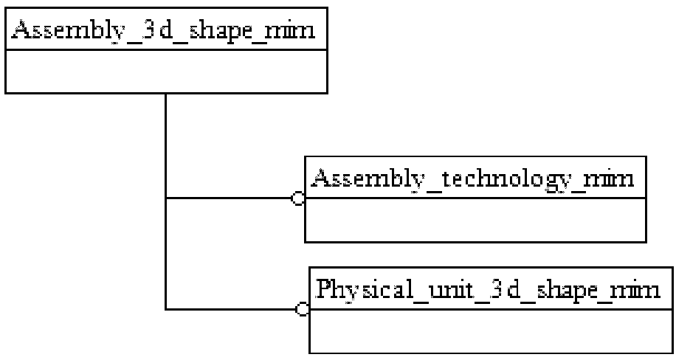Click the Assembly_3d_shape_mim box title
tap(165, 32)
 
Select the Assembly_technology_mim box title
tap(474, 179)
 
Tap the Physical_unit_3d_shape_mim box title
tap(489, 288)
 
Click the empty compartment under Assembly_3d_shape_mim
tap(165, 72)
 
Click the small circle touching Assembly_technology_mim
tap(299, 198)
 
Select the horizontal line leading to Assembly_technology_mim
tap(229, 198)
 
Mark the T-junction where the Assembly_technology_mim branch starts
tap(165, 198)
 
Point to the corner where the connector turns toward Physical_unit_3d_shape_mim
tap(165, 309)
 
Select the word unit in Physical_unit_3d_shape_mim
tap(439, 288)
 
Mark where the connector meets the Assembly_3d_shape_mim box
tap(165, 94)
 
